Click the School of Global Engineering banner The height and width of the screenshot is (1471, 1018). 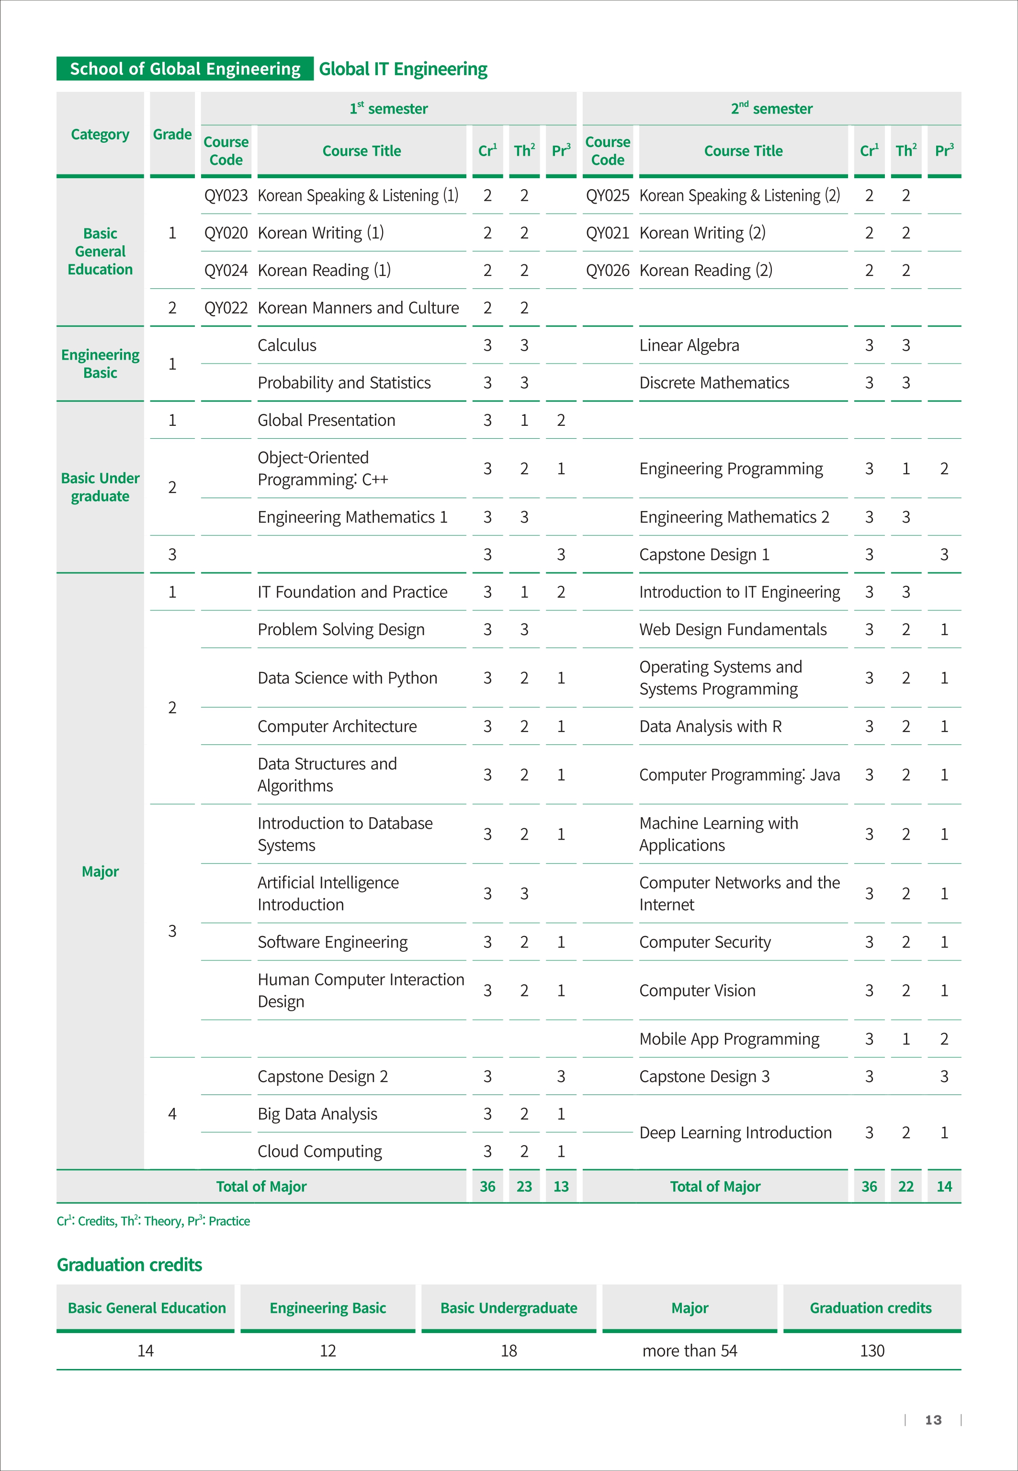point(185,69)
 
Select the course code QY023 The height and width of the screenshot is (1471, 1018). point(226,195)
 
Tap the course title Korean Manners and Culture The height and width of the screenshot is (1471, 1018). point(358,308)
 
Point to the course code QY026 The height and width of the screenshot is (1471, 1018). point(607,271)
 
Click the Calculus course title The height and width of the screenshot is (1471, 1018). point(287,345)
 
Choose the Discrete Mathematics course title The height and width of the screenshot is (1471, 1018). point(714,383)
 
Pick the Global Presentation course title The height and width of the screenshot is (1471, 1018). point(326,421)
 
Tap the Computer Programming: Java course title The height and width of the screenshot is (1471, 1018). point(739,775)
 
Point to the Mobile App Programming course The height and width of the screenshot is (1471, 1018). point(729,1039)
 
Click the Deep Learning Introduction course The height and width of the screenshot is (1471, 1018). point(735,1132)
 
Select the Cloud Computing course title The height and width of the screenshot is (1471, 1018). point(319,1152)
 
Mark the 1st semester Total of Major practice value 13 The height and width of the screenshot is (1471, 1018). point(561,1186)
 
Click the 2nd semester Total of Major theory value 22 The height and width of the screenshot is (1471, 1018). point(906,1186)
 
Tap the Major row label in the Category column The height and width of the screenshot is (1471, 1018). point(100,871)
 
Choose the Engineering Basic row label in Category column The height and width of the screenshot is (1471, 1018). point(100,364)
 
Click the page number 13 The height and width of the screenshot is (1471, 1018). point(933,1420)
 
